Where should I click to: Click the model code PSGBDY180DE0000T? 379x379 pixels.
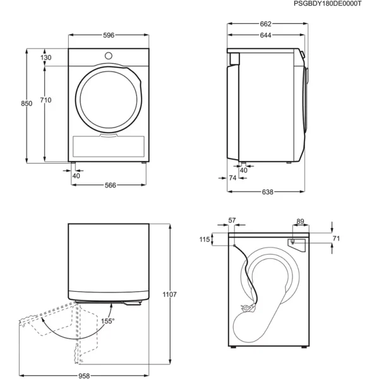click(x=327, y=4)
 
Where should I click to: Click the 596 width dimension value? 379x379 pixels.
click(x=109, y=35)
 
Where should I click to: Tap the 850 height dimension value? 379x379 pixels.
click(x=27, y=104)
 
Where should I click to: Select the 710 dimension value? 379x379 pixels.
click(x=45, y=100)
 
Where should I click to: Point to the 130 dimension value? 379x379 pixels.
click(x=45, y=57)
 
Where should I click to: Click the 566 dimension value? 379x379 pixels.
click(x=110, y=185)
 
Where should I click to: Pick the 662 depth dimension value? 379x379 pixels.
click(x=266, y=24)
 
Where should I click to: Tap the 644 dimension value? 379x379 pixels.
click(x=266, y=35)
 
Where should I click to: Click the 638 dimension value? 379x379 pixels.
click(x=268, y=192)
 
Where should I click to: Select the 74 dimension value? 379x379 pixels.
click(x=232, y=178)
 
